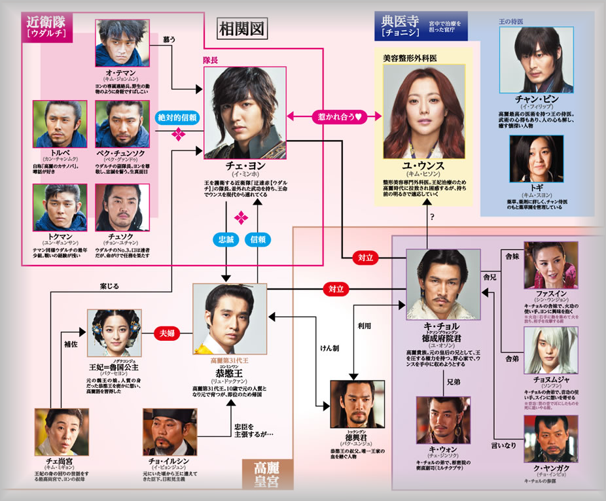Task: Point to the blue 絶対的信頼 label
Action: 177,117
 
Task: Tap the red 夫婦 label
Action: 167,332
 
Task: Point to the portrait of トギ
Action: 535,157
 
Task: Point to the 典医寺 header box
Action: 397,26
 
